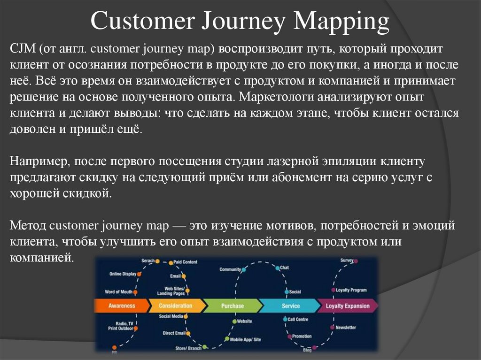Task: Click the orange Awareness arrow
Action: [121, 306]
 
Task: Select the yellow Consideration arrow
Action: [176, 306]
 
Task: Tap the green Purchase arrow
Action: [233, 306]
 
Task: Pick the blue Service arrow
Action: [290, 306]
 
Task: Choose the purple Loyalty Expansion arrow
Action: [348, 306]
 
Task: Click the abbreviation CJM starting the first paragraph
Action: [23, 49]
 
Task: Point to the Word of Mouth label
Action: [118, 291]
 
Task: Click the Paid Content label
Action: [186, 262]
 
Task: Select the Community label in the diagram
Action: [230, 269]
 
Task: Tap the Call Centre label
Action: [298, 319]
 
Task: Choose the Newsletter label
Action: [346, 327]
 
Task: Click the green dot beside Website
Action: [233, 321]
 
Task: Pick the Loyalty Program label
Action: [351, 290]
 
